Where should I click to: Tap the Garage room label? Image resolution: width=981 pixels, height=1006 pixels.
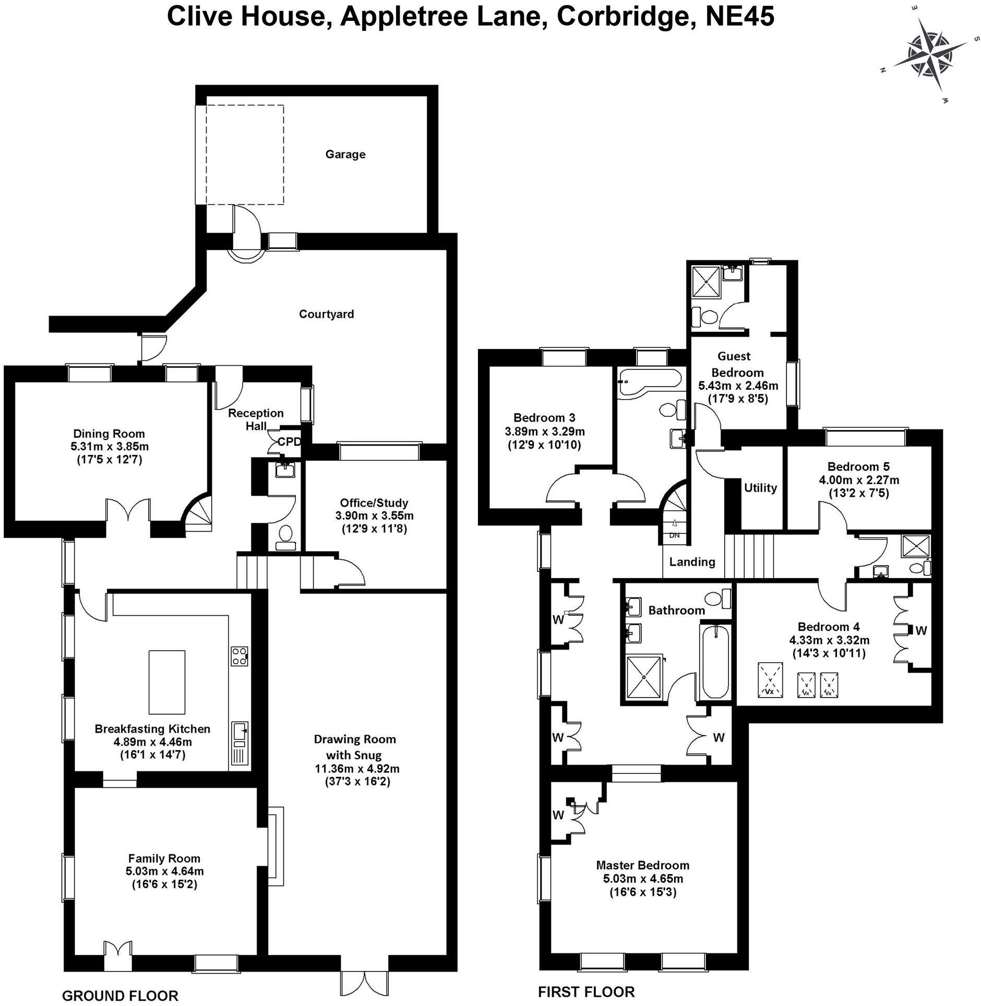point(345,154)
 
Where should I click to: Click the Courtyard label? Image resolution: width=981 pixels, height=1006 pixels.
point(326,314)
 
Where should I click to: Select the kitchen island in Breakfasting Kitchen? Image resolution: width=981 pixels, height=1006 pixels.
point(166,681)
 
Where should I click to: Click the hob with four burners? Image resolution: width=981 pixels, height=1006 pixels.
point(240,655)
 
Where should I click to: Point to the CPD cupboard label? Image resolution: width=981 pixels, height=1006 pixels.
point(289,442)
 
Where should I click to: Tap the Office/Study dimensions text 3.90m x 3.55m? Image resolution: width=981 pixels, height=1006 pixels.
point(374,516)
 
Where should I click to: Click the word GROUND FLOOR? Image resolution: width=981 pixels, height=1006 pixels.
point(120,996)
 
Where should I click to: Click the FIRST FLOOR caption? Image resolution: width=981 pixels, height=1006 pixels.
point(586,991)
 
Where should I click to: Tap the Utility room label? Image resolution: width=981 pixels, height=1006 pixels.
point(760,487)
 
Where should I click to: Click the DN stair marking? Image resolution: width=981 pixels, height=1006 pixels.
point(674,535)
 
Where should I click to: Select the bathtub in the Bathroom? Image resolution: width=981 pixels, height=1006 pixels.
point(714,662)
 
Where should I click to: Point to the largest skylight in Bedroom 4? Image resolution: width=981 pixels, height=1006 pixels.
point(770,679)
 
